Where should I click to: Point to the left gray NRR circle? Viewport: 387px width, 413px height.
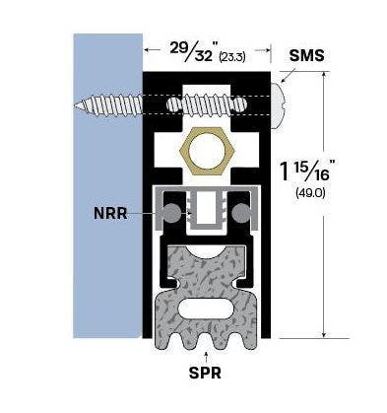point(172,212)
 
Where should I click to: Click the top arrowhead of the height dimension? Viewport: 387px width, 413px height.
point(324,76)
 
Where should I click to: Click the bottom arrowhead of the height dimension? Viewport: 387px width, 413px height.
point(324,334)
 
